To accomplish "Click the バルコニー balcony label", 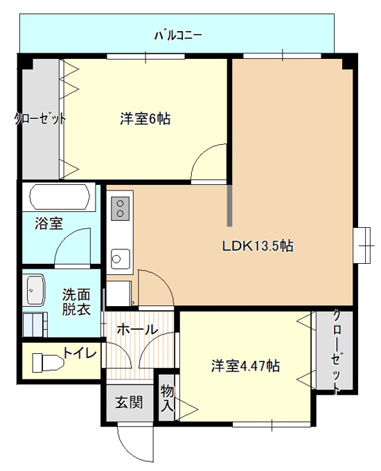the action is (178, 36).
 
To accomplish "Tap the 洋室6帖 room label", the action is (145, 119).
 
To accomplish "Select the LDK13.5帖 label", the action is (258, 247).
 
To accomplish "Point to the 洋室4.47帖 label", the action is (245, 366).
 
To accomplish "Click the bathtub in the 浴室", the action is (60, 196).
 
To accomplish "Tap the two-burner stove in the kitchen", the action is (121, 208).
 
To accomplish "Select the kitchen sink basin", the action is (121, 258).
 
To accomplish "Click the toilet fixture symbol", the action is (48, 362).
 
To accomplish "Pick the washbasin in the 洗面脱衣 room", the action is (35, 290).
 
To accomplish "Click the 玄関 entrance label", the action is (130, 402).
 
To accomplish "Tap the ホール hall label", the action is (137, 330).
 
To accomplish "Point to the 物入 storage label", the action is (167, 398).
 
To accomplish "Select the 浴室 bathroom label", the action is (48, 224).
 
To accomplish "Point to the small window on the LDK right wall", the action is (363, 245).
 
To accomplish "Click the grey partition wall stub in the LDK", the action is (229, 206).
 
